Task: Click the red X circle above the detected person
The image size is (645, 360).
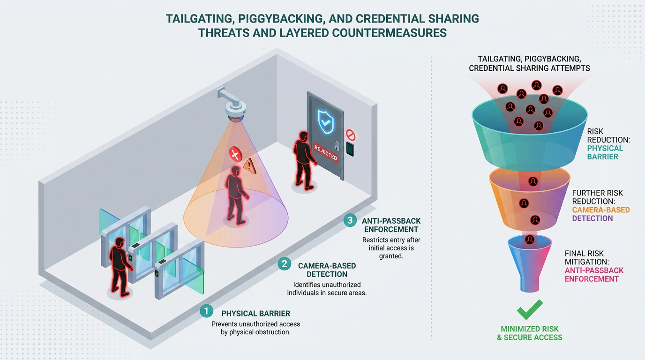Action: [x=235, y=155]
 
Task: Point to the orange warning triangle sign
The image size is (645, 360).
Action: [x=250, y=166]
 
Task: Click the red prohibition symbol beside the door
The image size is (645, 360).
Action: [x=351, y=135]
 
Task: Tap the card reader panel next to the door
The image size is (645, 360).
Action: [x=350, y=149]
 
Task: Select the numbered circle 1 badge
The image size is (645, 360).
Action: [x=206, y=311]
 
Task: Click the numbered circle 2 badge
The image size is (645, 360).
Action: [x=284, y=264]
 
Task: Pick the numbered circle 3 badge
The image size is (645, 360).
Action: [x=350, y=220]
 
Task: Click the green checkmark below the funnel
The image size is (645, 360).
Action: [x=530, y=309]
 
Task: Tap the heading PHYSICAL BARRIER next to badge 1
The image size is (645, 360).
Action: [x=255, y=313]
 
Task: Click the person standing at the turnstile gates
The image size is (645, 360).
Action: [x=120, y=267]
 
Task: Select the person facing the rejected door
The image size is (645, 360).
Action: [x=304, y=160]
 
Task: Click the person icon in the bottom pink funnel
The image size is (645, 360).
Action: [x=530, y=240]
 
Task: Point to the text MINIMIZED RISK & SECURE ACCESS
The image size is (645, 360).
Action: [x=530, y=333]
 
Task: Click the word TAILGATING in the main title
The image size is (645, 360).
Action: [x=199, y=19]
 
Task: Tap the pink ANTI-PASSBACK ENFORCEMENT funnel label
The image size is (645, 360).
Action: [x=594, y=275]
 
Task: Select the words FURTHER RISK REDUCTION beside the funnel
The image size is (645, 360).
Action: [x=597, y=197]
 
